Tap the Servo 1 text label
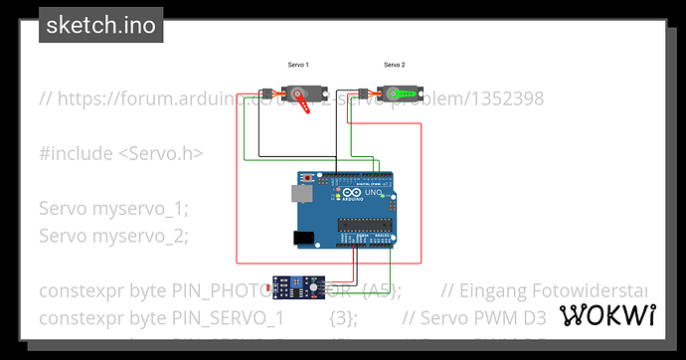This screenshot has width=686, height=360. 298,65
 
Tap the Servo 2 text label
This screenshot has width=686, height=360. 395,65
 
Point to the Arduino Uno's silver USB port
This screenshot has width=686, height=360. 300,194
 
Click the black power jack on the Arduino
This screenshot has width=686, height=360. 300,238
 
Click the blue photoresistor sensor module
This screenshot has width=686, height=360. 295,289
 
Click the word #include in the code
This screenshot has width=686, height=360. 76,153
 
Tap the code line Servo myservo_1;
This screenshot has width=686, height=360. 113,209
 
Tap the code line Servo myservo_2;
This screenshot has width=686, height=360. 113,236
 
